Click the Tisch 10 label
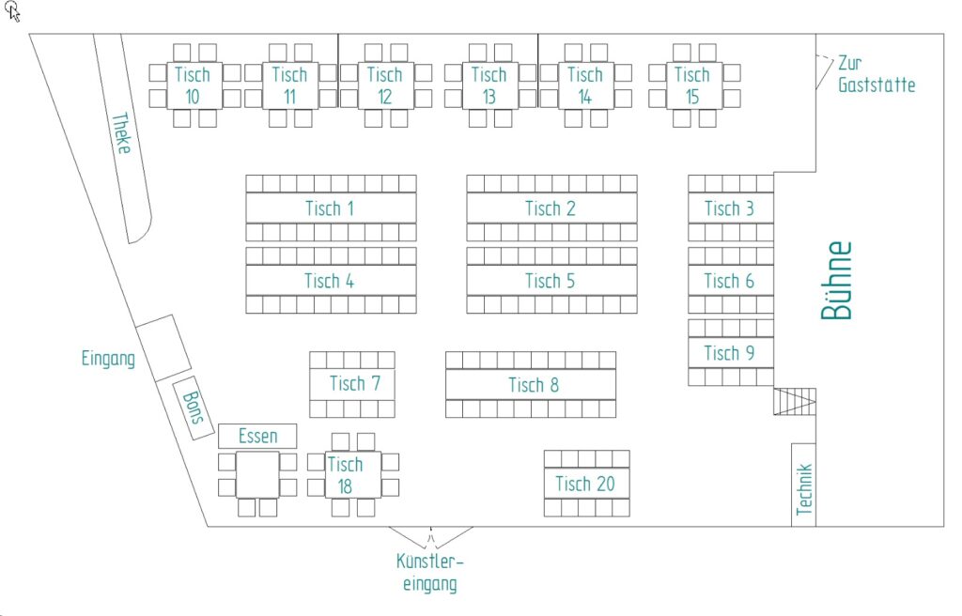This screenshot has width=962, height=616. [x=193, y=85]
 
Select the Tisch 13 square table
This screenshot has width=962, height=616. [x=489, y=85]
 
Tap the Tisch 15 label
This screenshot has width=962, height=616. [x=691, y=85]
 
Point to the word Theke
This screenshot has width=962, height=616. [x=121, y=141]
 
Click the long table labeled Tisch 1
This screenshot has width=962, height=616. [x=330, y=208]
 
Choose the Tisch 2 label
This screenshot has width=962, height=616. [x=551, y=208]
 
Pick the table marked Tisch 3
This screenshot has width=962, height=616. [x=729, y=208]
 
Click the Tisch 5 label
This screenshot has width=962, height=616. [x=551, y=280]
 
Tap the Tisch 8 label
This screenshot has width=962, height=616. [x=533, y=384]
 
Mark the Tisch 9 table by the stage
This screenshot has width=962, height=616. [x=729, y=352]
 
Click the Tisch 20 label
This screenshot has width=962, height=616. [x=585, y=484]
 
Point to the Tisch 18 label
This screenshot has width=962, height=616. [x=346, y=474]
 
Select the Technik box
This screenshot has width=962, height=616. [x=803, y=485]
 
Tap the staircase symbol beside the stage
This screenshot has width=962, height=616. [x=794, y=401]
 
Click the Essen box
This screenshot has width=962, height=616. [x=257, y=436]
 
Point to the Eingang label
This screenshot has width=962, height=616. [x=108, y=359]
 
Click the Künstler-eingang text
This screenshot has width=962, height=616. [x=430, y=573]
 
